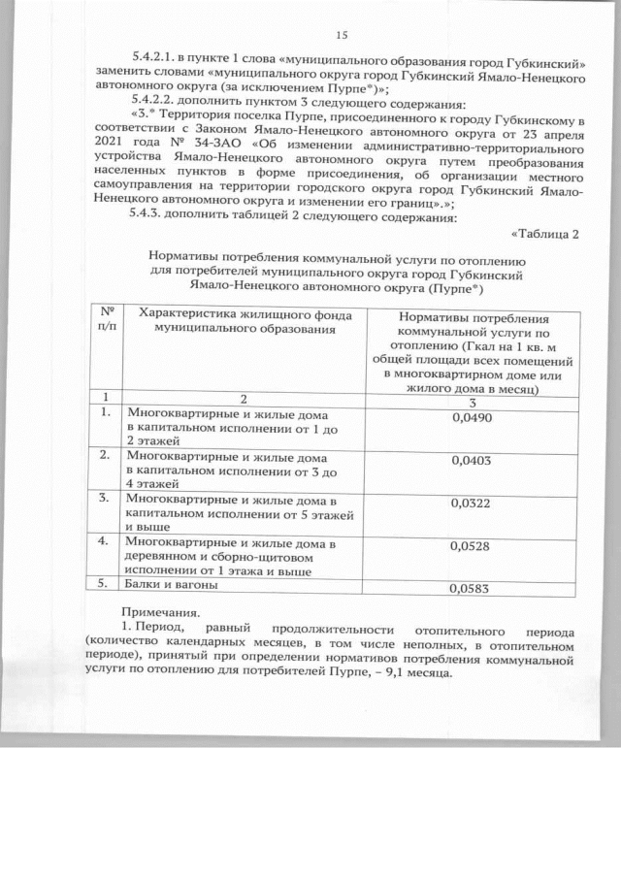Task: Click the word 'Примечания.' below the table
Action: tap(159, 613)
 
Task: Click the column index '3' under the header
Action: tap(472, 402)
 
